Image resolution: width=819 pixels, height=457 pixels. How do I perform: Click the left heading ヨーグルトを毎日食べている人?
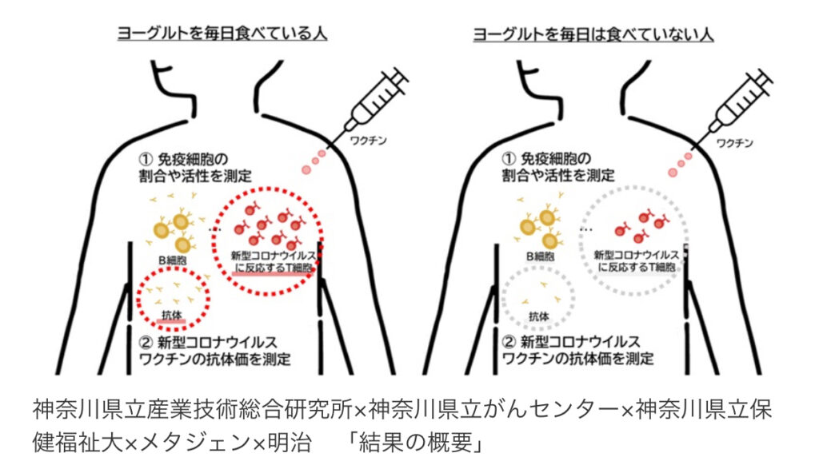(223, 34)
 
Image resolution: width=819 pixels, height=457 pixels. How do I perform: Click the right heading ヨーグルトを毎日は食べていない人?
(593, 34)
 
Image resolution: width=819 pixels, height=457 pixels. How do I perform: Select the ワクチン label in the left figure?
(366, 140)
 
